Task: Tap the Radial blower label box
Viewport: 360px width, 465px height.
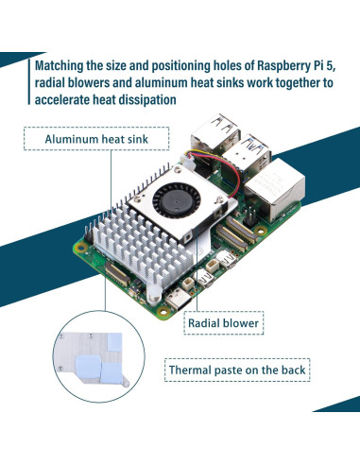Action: pyautogui.click(x=224, y=323)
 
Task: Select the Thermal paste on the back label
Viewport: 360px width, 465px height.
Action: pyautogui.click(x=236, y=370)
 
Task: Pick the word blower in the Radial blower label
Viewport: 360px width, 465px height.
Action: pyautogui.click(x=239, y=323)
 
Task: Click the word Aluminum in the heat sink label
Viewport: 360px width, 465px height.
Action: pyautogui.click(x=73, y=140)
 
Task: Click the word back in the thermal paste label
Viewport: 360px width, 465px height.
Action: pyautogui.click(x=290, y=370)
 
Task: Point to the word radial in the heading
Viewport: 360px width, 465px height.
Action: pyautogui.click(x=51, y=83)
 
